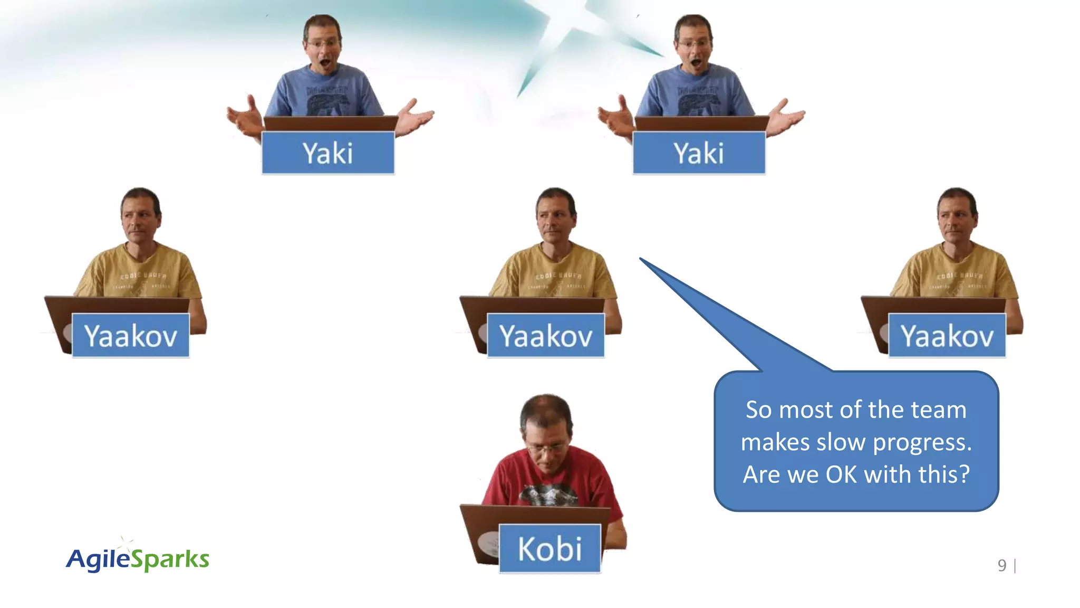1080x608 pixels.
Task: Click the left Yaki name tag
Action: (328, 153)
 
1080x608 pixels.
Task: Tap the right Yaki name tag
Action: (699, 153)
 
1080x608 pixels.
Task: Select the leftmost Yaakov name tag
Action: (130, 336)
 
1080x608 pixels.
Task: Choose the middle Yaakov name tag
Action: (546, 336)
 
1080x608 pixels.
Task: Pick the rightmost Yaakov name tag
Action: (947, 336)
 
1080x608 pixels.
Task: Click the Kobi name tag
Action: (549, 549)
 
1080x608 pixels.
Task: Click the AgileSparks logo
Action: (138, 559)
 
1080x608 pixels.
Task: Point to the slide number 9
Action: (1002, 566)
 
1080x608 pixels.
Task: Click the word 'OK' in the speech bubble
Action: (842, 474)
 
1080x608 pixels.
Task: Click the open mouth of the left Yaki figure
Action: (325, 64)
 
